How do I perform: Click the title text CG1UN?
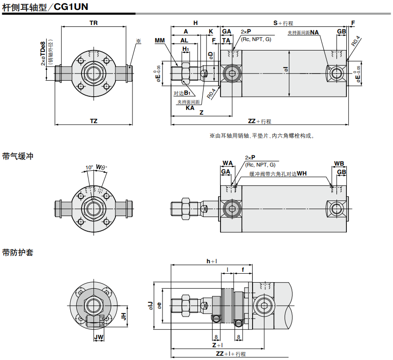click(71, 7)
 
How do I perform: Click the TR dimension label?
click(93, 23)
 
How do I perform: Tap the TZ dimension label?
click(93, 121)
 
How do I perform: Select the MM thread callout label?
click(160, 41)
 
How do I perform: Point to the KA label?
click(190, 108)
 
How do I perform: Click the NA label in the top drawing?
click(314, 33)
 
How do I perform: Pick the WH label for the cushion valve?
click(302, 174)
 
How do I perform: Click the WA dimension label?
click(228, 163)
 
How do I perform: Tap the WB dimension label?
click(339, 164)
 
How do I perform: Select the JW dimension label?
click(98, 337)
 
